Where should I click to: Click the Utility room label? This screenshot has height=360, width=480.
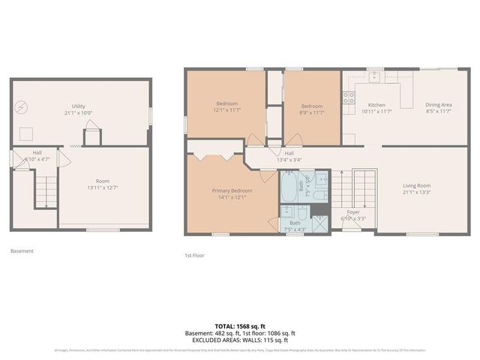tap(79, 106)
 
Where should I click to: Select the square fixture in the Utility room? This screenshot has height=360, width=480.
tap(27, 133)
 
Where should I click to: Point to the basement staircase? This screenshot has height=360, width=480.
tap(46, 191)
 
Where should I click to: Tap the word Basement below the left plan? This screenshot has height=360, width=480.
tap(22, 251)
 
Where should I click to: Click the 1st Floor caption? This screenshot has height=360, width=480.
tap(194, 255)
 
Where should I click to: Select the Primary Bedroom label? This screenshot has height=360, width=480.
tap(232, 190)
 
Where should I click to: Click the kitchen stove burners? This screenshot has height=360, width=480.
tap(349, 96)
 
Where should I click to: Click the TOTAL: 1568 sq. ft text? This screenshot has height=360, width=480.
tap(240, 325)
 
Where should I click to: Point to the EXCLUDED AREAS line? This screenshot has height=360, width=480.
tap(240, 339)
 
